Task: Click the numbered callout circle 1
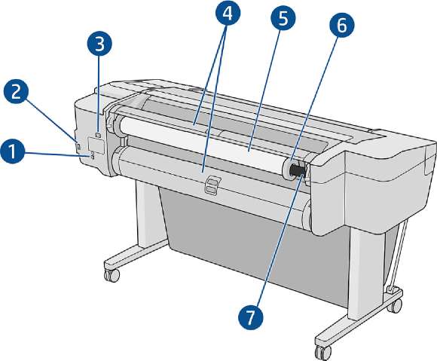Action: tap(12, 153)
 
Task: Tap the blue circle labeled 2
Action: tap(16, 92)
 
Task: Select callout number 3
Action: tap(99, 44)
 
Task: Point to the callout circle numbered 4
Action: tap(228, 13)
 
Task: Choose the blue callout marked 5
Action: tap(283, 20)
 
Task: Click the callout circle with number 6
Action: tap(342, 26)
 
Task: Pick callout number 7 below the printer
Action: tap(251, 317)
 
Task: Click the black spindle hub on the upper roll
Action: tap(298, 170)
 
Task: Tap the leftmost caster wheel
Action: tap(112, 275)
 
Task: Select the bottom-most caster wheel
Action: tap(323, 352)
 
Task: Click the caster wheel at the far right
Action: tap(396, 305)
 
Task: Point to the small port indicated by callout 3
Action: tap(98, 135)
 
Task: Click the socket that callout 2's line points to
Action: tap(78, 146)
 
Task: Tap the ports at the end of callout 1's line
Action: tap(93, 155)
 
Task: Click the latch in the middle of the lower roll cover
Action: tap(212, 185)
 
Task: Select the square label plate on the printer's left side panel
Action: tap(96, 145)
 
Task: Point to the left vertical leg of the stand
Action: tap(145, 211)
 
